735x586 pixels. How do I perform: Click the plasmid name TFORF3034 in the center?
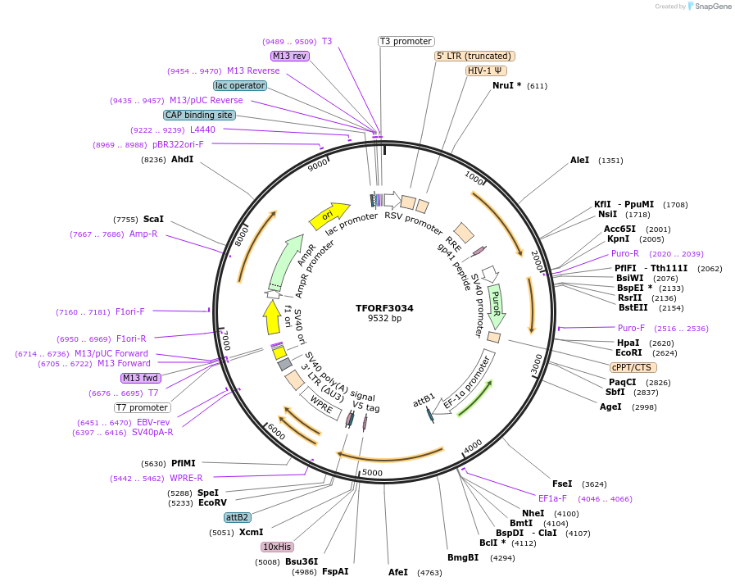click(384, 308)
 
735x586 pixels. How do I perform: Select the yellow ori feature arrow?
click(328, 216)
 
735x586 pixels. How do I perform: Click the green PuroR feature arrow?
click(496, 306)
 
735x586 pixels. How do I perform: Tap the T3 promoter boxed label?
click(406, 41)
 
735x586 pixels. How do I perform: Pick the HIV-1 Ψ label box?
click(485, 70)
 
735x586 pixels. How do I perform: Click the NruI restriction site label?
click(506, 85)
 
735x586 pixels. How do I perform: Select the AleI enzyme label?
click(579, 160)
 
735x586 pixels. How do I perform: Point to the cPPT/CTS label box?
click(632, 367)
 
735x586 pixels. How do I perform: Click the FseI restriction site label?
click(562, 484)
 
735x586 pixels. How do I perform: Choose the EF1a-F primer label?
click(552, 498)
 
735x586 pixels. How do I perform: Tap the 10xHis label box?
click(277, 547)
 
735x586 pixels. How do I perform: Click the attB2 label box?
click(237, 517)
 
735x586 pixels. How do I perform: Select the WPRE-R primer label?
click(186, 478)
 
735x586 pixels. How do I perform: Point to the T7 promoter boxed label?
click(142, 407)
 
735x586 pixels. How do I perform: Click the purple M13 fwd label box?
click(139, 378)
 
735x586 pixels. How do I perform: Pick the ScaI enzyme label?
click(153, 219)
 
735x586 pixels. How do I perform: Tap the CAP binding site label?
click(199, 116)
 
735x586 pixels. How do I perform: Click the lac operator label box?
click(239, 85)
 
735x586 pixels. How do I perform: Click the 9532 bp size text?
click(384, 319)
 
